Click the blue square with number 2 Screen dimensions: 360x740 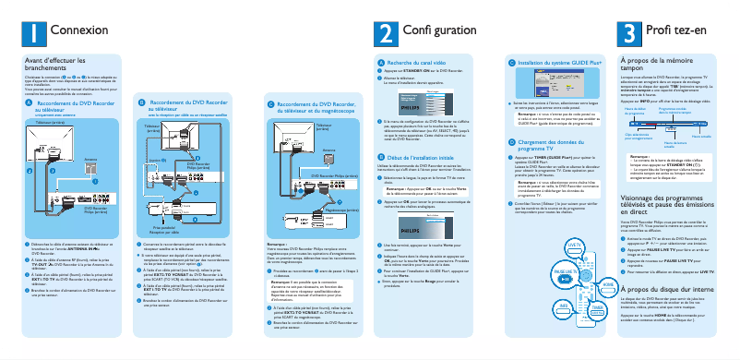tap(384, 32)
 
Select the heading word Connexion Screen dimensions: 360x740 tap(73, 31)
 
